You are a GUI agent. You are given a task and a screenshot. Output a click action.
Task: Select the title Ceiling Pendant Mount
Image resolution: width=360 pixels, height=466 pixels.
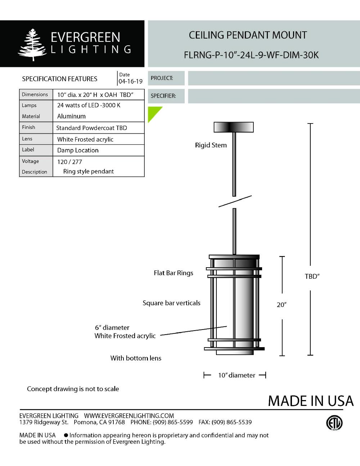[x=248, y=35]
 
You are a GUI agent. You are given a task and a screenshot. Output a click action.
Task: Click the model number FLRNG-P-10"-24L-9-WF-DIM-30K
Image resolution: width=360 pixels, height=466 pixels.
[x=251, y=55]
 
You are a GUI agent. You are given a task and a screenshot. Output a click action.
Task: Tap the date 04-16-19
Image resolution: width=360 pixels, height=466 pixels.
[x=130, y=81]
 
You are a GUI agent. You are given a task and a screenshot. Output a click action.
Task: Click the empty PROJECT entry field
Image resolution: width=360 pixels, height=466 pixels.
[x=274, y=78]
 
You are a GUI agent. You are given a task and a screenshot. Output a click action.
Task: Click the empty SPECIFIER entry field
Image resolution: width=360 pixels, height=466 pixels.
[x=274, y=96]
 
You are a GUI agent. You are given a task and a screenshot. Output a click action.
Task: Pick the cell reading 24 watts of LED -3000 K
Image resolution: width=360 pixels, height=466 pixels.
[x=89, y=105]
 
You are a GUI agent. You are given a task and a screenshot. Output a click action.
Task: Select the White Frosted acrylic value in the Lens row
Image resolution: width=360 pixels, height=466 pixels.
[x=85, y=139]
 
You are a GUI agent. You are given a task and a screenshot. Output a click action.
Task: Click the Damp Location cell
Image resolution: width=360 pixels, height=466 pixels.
[x=78, y=150]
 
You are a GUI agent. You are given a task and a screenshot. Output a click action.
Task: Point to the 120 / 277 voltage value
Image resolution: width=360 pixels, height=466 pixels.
[x=69, y=162]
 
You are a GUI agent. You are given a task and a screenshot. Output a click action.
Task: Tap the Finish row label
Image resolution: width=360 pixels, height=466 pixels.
[x=28, y=127]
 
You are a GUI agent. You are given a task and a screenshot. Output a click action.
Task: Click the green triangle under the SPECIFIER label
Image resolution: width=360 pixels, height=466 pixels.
[x=153, y=112]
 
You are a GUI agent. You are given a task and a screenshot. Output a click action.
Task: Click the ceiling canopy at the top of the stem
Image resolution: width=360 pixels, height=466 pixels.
[x=234, y=127]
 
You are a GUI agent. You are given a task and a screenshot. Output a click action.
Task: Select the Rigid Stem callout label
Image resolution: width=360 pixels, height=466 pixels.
[x=211, y=145]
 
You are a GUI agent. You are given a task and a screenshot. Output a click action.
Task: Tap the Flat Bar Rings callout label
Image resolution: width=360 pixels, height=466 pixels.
[x=173, y=273]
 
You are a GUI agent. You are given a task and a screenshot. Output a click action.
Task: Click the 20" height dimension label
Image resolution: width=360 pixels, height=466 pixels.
[x=282, y=305]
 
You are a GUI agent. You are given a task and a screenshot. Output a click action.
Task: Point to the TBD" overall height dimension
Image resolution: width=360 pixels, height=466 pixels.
[x=312, y=276]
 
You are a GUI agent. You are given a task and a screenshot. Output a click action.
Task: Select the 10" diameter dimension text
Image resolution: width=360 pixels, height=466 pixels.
[x=236, y=375]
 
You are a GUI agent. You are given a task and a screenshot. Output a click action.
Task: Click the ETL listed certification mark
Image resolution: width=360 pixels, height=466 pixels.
[x=334, y=423]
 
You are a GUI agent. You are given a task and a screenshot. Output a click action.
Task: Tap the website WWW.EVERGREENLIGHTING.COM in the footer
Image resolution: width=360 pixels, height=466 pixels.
[x=129, y=416]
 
